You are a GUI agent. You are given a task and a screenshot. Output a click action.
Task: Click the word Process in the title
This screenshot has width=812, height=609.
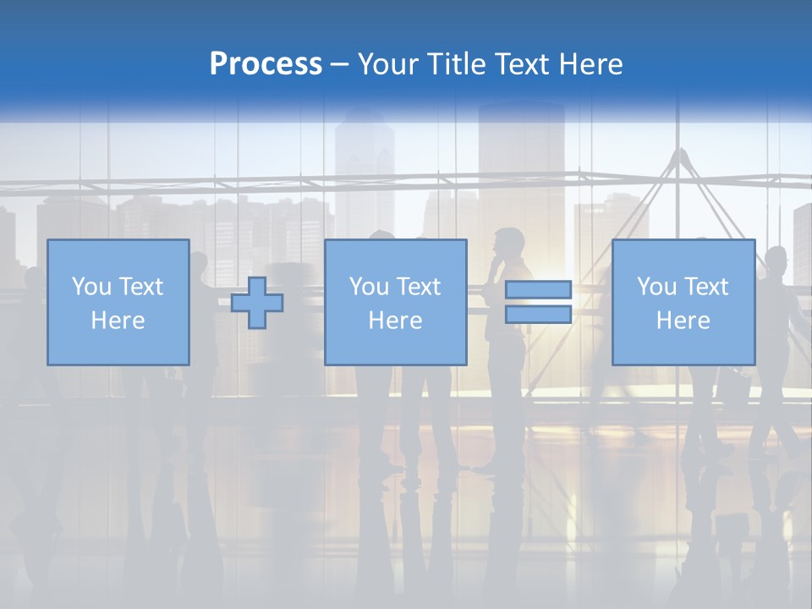(x=266, y=64)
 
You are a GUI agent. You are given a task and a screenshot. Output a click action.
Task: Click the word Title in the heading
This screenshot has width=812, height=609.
(x=456, y=64)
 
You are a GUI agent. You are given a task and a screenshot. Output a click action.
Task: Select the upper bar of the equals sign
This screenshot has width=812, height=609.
(x=538, y=290)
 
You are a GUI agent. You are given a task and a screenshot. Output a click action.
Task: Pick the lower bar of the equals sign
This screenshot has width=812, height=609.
(x=538, y=315)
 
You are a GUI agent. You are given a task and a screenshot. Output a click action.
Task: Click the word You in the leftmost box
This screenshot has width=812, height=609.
(x=90, y=287)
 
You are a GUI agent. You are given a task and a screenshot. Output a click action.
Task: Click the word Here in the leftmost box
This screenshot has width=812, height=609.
(x=118, y=321)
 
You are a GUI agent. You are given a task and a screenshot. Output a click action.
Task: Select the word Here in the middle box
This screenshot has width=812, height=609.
(x=395, y=321)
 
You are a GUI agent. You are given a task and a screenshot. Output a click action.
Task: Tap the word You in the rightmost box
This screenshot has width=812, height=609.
(x=656, y=287)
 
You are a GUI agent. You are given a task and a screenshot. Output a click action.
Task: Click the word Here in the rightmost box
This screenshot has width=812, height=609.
(x=683, y=321)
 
